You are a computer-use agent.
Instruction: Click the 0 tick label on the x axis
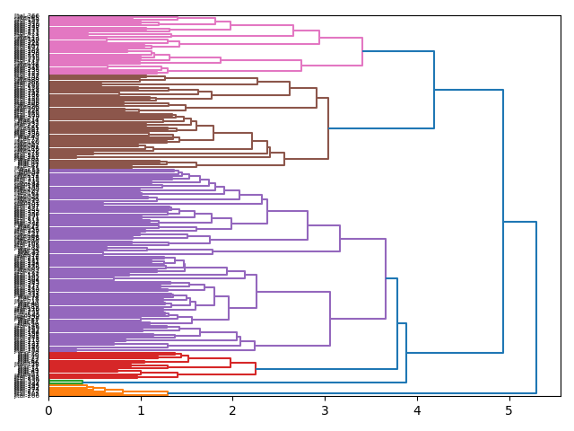pyautogui.click(x=48, y=409)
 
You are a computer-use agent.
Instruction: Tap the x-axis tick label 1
pyautogui.click(x=141, y=409)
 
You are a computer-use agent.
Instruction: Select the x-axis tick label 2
pyautogui.click(x=232, y=409)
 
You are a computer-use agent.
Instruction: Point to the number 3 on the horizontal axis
pyautogui.click(x=325, y=409)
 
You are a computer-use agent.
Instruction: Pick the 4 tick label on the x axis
pyautogui.click(x=417, y=409)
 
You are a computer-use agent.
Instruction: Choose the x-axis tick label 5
pyautogui.click(x=509, y=409)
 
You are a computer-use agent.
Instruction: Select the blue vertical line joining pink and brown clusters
pyautogui.click(x=434, y=90)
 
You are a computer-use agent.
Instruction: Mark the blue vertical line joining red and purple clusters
pyautogui.click(x=397, y=323)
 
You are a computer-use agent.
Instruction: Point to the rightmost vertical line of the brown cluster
pyautogui.click(x=328, y=128)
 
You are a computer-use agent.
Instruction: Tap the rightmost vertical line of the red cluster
pyautogui.click(x=256, y=368)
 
